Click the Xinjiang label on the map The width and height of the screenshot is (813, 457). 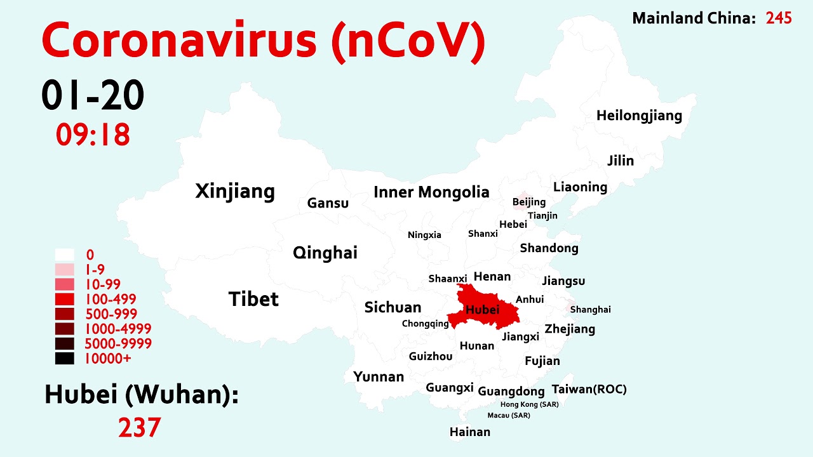pos(235,191)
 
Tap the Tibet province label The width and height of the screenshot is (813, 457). pos(253,299)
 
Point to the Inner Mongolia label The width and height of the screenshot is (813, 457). pos(431,192)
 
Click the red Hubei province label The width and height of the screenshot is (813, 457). pos(483,310)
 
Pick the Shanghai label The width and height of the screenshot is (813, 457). pos(590,310)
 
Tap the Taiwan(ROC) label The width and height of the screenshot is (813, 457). pos(589,389)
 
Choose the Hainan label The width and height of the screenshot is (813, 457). pos(470,432)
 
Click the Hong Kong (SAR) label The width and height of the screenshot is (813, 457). pos(530,404)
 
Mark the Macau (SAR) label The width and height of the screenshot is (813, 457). pos(509,416)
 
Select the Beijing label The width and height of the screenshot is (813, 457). pos(529,202)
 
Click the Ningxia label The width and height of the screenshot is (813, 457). pos(424,235)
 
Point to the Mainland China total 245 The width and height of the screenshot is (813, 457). pos(779,18)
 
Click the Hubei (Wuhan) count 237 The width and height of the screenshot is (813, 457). pos(139,427)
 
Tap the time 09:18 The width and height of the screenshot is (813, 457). pos(93,135)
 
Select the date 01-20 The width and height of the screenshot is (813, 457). pos(93,96)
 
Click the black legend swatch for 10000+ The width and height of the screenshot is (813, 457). pos(65,359)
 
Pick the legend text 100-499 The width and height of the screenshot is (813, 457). pos(111,299)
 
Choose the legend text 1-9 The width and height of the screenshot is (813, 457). pos(95,270)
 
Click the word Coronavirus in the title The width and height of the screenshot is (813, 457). pos(179,41)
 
